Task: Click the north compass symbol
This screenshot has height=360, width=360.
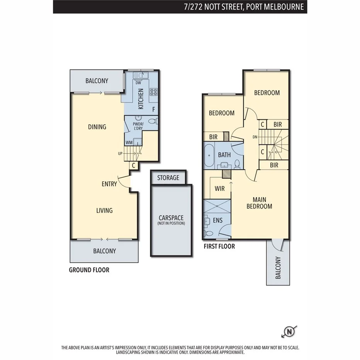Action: (289, 331)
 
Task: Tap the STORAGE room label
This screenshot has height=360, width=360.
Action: (168, 178)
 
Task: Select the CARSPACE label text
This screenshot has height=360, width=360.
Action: (171, 218)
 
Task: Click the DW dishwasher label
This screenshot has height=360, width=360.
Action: (138, 82)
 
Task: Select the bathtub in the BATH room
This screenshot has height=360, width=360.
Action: (209, 155)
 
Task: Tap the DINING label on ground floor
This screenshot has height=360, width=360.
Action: (97, 127)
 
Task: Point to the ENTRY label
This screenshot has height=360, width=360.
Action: (109, 184)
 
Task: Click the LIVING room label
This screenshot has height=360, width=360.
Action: (104, 211)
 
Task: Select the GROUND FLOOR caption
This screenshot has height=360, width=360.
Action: (89, 270)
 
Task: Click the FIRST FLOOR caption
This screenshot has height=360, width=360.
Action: (219, 246)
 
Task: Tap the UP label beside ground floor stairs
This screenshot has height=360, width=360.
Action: (120, 154)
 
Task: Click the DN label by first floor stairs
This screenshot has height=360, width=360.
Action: (255, 137)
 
